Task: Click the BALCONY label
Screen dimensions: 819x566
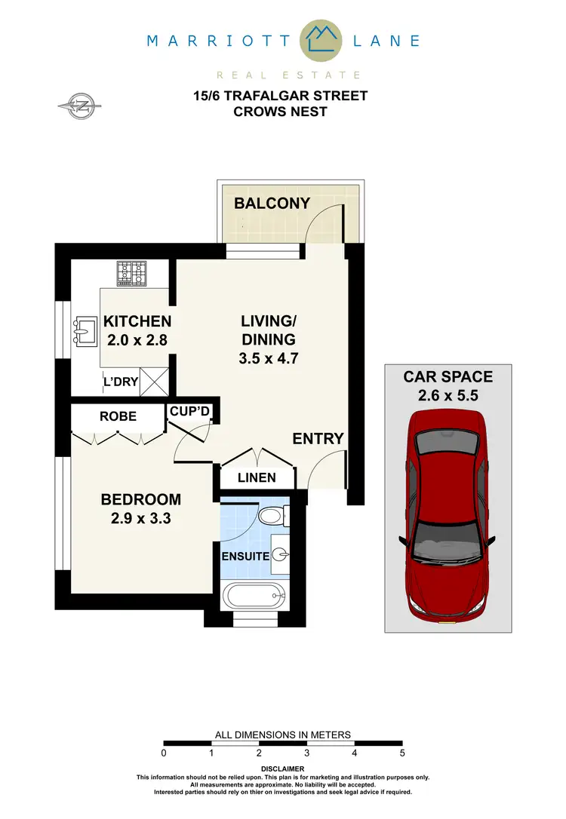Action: point(272,203)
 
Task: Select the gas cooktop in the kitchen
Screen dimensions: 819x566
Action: point(131,273)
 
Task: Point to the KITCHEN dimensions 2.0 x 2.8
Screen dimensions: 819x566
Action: point(137,339)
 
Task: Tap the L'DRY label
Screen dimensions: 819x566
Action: point(121,382)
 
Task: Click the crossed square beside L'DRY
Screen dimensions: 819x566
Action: point(155,382)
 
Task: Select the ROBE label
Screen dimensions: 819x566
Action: point(118,416)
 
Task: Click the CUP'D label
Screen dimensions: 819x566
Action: point(190,411)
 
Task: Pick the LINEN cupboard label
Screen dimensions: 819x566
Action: point(257,477)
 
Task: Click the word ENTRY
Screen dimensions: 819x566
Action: point(318,438)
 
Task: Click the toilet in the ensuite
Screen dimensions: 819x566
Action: point(269,517)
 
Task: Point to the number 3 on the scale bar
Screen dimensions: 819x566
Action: point(307,753)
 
